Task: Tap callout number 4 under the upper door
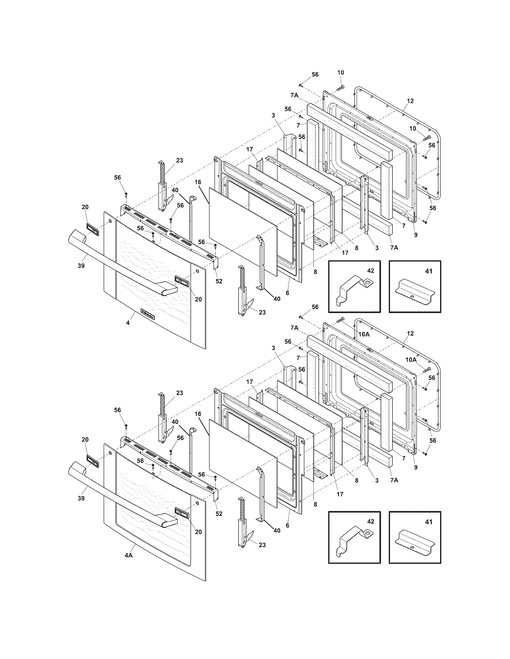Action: coord(128,323)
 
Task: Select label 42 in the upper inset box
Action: coord(370,271)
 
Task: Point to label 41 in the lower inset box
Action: coord(429,522)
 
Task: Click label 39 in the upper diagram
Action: coord(81,266)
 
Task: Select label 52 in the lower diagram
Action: coord(219,513)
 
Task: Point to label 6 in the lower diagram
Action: coord(287,525)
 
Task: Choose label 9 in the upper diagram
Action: coord(416,235)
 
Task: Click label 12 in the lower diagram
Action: coord(410,334)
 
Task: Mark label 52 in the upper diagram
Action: coord(219,281)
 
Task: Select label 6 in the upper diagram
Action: coord(287,293)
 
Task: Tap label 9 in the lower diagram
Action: coord(416,467)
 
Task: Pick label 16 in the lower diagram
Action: coord(198,414)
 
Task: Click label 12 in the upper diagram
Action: coord(410,101)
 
